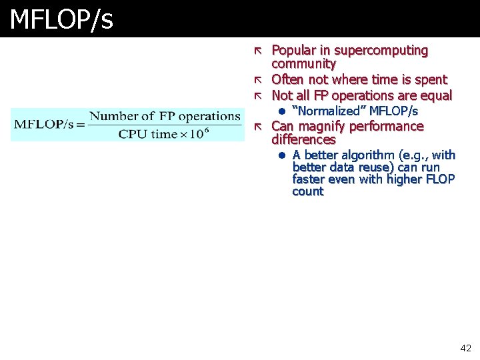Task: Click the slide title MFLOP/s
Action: [61, 20]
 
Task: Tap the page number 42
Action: [465, 348]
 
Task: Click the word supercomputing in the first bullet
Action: [381, 51]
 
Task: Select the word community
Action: [303, 64]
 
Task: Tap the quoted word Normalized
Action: [329, 111]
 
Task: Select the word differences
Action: [303, 140]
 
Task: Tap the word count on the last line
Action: [307, 192]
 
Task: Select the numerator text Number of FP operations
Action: [165, 116]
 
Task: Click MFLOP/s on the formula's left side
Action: [44, 125]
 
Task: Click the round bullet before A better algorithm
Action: [282, 156]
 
